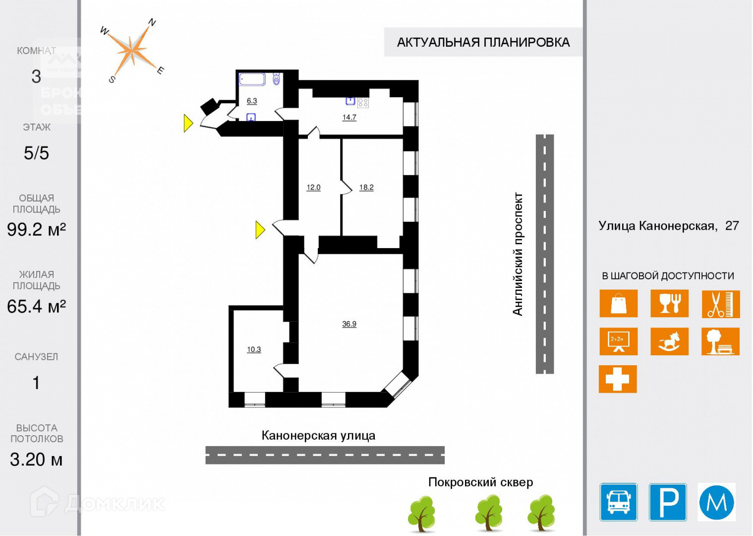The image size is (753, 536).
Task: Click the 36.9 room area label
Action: (x=349, y=324)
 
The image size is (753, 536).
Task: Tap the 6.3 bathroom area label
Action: (x=252, y=101)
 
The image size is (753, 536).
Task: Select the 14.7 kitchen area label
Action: (x=349, y=118)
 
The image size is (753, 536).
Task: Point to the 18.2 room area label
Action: (x=366, y=187)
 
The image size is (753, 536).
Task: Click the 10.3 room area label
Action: (x=254, y=349)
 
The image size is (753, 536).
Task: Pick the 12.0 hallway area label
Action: (x=313, y=187)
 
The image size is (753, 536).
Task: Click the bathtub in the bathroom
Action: (x=252, y=79)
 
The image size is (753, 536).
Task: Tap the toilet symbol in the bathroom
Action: (x=277, y=79)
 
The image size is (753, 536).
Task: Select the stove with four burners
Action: (x=363, y=103)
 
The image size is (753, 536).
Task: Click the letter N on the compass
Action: (x=152, y=22)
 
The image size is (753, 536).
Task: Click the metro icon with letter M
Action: (x=716, y=502)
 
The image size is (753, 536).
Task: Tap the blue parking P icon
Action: (x=668, y=502)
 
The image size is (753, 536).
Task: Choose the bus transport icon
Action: (x=619, y=502)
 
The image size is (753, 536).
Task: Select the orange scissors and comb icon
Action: (x=720, y=304)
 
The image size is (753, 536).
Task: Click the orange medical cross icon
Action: (x=618, y=379)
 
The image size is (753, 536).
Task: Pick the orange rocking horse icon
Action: (x=669, y=341)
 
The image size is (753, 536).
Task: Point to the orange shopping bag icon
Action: (x=618, y=304)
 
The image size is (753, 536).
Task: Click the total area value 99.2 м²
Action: (x=36, y=229)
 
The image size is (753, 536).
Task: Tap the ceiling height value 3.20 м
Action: (x=36, y=460)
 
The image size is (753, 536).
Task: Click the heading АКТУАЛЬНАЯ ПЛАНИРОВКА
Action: (x=483, y=42)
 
